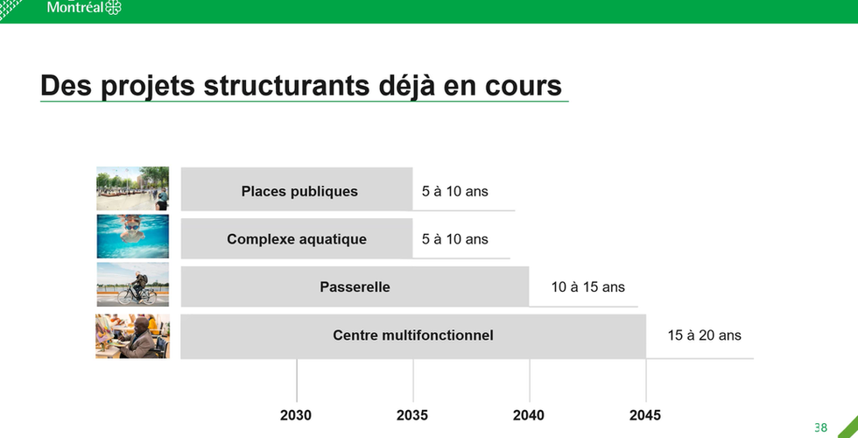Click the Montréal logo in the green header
click(84, 7)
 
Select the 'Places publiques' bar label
click(299, 191)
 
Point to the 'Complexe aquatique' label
click(297, 239)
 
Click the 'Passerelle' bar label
click(355, 287)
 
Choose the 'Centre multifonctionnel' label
click(413, 335)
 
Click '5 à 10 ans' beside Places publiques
click(454, 192)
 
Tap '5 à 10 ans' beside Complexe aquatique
click(454, 239)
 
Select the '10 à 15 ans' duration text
click(587, 287)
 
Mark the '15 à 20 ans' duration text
click(704, 335)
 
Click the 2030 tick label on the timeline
click(296, 415)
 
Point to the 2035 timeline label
click(412, 415)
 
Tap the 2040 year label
click(529, 415)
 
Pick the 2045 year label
click(645, 415)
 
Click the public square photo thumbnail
click(132, 188)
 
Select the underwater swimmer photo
click(132, 236)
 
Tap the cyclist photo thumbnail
click(132, 284)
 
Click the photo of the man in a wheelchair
click(132, 336)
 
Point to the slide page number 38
click(821, 427)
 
